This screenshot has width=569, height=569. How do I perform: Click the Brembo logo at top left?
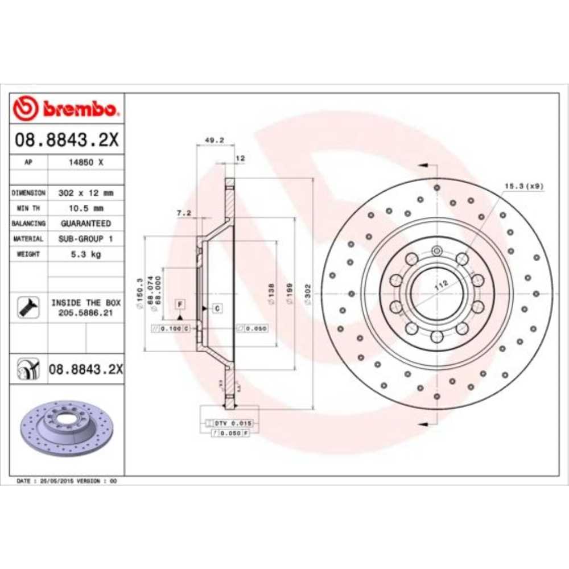tap(67, 108)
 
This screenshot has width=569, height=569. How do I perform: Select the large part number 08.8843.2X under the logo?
tap(67, 140)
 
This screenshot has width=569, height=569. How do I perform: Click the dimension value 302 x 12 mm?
tap(85, 193)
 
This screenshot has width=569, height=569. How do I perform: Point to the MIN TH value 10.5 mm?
tap(85, 208)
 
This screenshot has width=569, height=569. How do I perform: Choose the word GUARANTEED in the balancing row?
tap(85, 224)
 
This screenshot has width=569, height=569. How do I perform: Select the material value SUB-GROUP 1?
tap(85, 239)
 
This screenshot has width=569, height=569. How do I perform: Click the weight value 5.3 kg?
tap(85, 254)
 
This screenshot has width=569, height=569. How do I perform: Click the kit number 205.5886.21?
tap(85, 314)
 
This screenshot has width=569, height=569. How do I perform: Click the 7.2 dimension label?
tap(183, 213)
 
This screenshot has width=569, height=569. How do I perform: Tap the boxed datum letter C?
tap(217, 308)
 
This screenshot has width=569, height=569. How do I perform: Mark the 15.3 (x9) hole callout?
tap(523, 186)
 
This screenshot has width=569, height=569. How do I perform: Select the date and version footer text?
tap(67, 481)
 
